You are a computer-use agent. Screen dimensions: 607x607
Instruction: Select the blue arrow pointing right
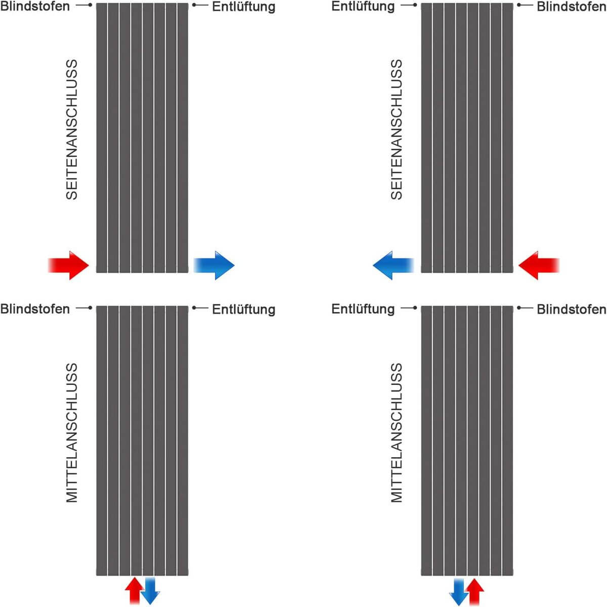coord(214,265)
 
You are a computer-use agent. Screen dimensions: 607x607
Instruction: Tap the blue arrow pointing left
coord(393,265)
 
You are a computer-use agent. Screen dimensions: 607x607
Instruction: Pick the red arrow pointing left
coord(539,265)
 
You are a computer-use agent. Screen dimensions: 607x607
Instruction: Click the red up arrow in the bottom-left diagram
coord(134,590)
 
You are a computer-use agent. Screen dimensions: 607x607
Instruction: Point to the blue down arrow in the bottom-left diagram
coord(150,591)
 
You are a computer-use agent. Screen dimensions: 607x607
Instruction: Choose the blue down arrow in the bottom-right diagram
coord(459,591)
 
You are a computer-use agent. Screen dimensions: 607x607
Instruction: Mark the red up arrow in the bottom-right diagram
coord(474,590)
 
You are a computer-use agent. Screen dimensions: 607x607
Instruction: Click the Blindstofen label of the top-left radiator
coord(35,6)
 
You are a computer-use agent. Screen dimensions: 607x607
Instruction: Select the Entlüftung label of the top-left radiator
coord(243,7)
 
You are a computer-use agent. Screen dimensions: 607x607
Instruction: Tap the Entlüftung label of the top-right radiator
coord(363,7)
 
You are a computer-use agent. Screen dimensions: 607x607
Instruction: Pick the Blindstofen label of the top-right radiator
coord(571,6)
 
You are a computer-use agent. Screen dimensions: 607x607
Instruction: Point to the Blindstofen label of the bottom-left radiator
coord(35,309)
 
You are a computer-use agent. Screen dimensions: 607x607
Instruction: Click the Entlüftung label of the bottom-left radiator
coord(243,309)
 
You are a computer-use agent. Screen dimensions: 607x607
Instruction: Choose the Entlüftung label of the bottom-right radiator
coord(363,309)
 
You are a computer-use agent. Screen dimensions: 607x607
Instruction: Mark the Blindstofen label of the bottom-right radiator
coord(571,309)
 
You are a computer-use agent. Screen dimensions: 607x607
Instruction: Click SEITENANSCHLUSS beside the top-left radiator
coord(72,129)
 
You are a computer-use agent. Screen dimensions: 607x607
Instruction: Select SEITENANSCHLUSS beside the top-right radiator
coord(397,129)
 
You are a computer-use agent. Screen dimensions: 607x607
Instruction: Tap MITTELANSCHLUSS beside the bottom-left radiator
coord(72,432)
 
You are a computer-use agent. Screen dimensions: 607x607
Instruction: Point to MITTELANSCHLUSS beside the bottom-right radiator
coord(397,432)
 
